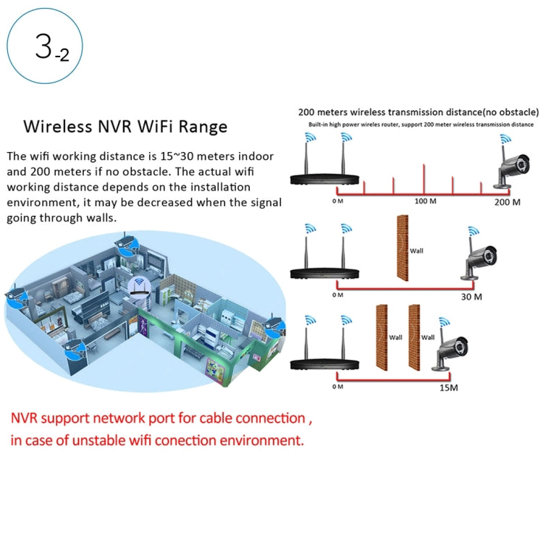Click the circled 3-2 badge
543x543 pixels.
point(45,48)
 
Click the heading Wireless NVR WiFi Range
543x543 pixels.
point(126,127)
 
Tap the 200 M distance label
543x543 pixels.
point(506,202)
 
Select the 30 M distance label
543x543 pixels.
point(471,296)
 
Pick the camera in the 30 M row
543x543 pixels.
point(479,261)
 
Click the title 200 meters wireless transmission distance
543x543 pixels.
point(418,112)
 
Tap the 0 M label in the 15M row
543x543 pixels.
point(337,387)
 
